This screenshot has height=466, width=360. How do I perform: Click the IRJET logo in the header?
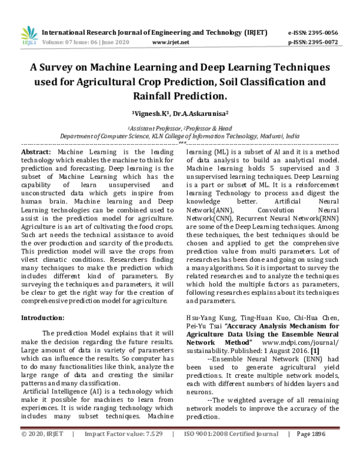coord(29,35)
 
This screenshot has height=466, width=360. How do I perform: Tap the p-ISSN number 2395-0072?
coord(322,43)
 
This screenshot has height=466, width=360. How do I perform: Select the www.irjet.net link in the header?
coord(171,43)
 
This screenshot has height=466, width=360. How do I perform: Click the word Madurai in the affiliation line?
coord(265,136)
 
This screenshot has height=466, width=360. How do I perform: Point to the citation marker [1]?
coord(314,349)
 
